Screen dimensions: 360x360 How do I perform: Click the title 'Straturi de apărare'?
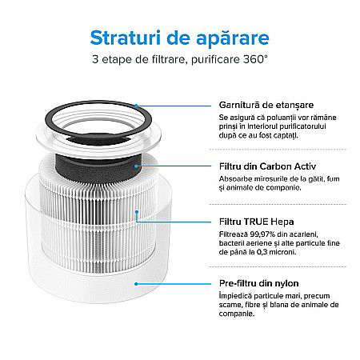pyautogui.click(x=179, y=38)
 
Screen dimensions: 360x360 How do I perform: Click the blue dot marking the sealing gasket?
pyautogui.click(x=136, y=105)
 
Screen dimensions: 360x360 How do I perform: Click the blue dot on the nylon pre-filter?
pyautogui.click(x=138, y=282)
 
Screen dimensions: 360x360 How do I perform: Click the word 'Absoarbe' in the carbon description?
pyautogui.click(x=236, y=178)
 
